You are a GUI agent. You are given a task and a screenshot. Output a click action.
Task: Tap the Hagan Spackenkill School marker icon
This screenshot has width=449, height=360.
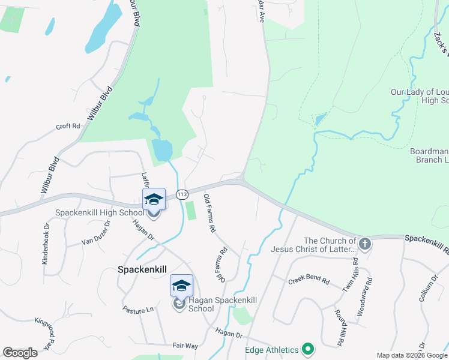pos(181,286)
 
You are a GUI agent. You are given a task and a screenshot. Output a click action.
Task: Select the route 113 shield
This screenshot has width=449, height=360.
pos(182,194)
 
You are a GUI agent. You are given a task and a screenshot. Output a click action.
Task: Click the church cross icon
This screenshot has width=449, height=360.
pos(366,244)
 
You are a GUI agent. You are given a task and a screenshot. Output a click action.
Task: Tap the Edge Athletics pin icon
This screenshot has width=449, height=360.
pos(308,349)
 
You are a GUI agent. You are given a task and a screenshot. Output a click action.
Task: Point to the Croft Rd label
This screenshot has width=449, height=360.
pos(68,127)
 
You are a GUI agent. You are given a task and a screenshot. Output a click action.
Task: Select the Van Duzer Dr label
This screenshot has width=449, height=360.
pos(97,233)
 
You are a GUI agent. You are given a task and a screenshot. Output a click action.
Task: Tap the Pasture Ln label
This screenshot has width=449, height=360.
pos(138,310)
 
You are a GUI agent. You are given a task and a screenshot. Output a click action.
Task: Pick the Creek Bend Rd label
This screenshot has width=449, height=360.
pos(309,281)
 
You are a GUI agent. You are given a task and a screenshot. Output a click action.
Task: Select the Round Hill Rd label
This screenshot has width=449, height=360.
pos(339,328)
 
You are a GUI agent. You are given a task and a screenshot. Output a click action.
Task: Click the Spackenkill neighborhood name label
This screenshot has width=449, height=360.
pos(142,271)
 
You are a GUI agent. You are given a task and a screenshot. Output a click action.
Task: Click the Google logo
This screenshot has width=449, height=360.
pos(20,353)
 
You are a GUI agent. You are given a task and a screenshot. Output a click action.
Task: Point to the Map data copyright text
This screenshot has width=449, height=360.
pos(412,355)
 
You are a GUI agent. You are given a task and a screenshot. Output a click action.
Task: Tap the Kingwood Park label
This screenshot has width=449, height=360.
pos(43,333)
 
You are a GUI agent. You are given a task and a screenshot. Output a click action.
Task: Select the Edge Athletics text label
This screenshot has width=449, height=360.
pos(272,350)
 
